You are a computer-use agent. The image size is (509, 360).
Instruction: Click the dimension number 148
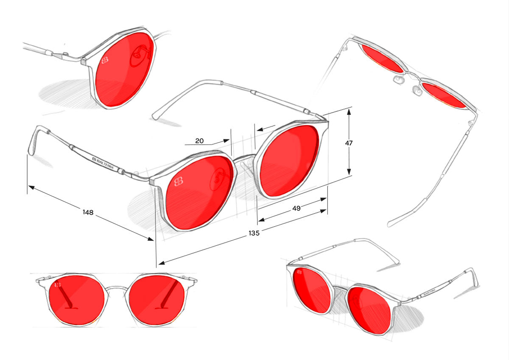click(88, 212)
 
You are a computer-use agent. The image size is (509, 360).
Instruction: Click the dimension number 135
click(254, 233)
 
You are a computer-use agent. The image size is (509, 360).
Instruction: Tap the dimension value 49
click(296, 208)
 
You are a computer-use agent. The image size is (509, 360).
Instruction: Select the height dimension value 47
click(349, 143)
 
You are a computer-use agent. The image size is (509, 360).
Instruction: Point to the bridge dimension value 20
click(199, 141)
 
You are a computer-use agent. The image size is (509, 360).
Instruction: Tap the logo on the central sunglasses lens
click(179, 182)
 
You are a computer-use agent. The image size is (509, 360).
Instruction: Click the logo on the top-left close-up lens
click(105, 60)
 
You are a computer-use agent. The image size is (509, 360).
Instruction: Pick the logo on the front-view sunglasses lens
click(58, 284)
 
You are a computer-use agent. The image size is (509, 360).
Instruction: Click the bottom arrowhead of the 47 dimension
click(349, 172)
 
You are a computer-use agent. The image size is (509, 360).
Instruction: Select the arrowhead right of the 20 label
click(227, 141)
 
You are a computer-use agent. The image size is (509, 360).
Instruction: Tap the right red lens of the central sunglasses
click(289, 160)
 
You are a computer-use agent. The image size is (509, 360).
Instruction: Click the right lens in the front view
click(157, 300)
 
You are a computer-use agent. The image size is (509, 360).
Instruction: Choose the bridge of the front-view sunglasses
click(116, 288)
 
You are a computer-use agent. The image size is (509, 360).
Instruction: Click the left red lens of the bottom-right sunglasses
click(311, 290)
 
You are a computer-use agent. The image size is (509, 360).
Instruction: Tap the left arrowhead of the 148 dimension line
click(31, 187)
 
